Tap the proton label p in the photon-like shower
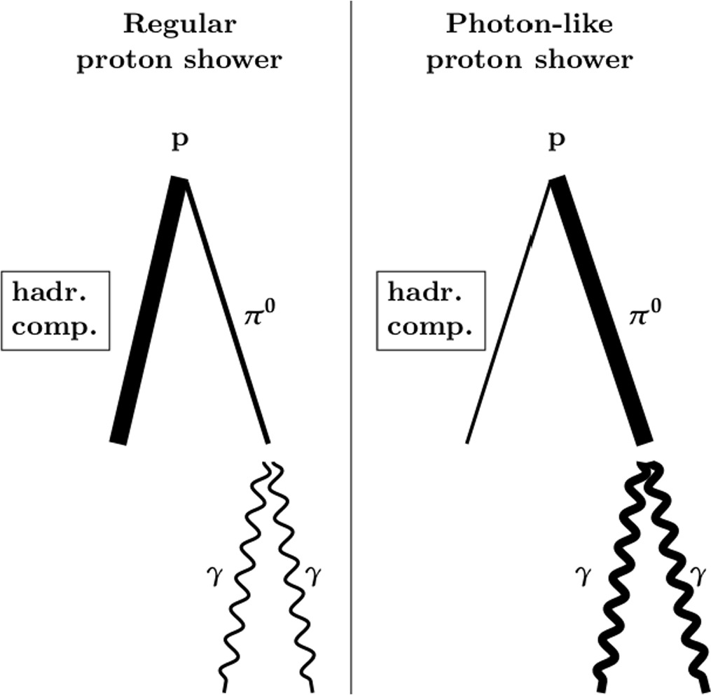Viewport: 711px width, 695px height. (x=556, y=143)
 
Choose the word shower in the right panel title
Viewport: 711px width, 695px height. (x=587, y=60)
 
